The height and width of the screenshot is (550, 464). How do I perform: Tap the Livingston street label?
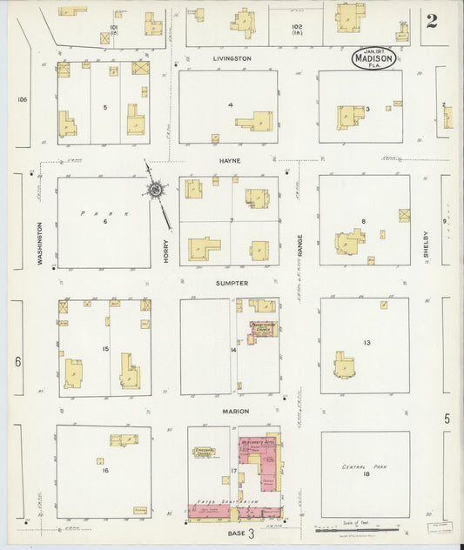[232, 59]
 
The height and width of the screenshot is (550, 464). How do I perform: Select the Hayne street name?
[231, 161]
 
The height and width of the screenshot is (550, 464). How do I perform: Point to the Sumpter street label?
[232, 284]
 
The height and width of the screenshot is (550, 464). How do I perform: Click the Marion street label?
[234, 411]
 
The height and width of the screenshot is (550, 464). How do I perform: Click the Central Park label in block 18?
[365, 467]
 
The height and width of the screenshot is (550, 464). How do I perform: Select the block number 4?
[230, 105]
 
